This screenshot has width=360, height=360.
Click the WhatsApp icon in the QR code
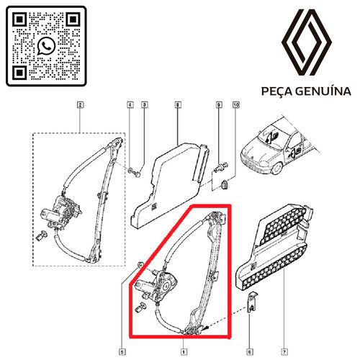[x=46, y=46]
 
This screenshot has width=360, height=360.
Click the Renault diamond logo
[x=307, y=42]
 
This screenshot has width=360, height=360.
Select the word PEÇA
[x=276, y=91]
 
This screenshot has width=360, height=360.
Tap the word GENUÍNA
[x=323, y=91]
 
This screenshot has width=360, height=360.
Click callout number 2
[x=80, y=105]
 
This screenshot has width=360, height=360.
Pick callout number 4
[x=130, y=105]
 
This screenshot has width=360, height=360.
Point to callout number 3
[x=144, y=105]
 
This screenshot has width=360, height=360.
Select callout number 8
[x=177, y=105]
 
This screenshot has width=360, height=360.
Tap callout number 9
[x=219, y=105]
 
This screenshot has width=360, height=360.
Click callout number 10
[x=236, y=105]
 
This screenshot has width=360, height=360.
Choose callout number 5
[x=122, y=352]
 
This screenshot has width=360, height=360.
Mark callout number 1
[x=184, y=352]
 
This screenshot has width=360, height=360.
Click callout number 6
[x=250, y=352]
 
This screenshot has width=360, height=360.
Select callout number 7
[x=284, y=352]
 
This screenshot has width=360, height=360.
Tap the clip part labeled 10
[x=225, y=184]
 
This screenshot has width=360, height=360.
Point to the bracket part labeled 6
[x=252, y=302]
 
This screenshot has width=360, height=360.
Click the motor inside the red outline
[x=156, y=284]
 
